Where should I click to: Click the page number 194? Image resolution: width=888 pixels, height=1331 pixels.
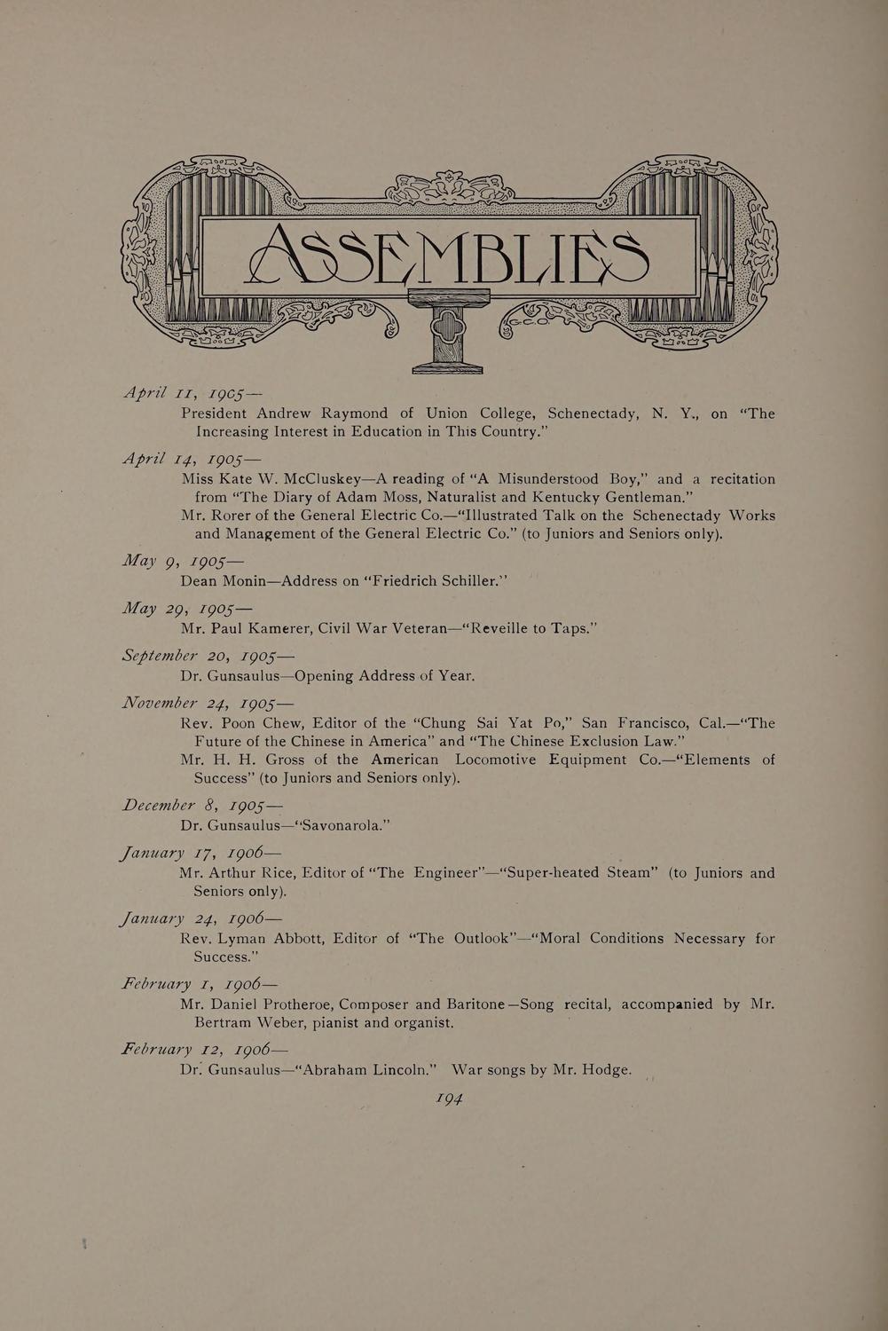click(450, 1099)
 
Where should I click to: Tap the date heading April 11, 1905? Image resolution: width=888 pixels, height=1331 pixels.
click(192, 392)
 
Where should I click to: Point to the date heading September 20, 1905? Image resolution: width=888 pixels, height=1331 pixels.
click(207, 656)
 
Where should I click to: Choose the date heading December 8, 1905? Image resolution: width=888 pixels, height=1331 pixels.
click(201, 806)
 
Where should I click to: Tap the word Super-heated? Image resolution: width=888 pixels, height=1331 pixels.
click(554, 872)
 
